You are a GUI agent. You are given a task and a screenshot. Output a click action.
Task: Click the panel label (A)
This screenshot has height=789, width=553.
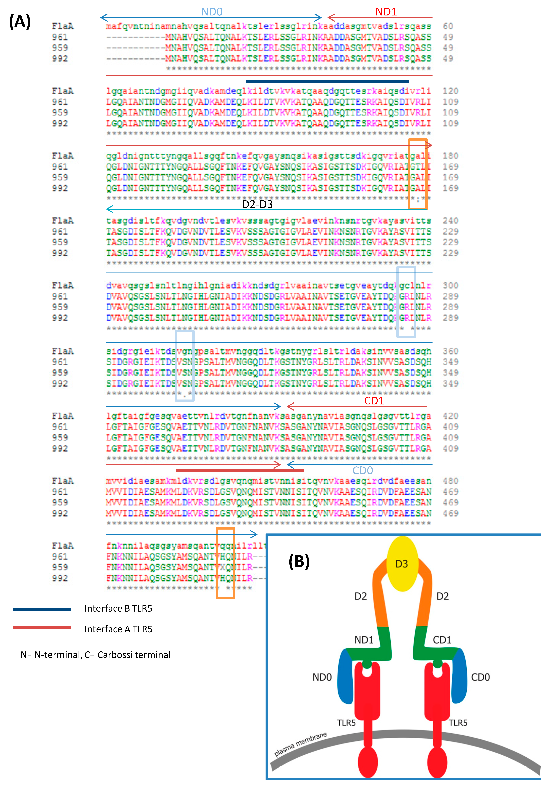pyautogui.click(x=20, y=22)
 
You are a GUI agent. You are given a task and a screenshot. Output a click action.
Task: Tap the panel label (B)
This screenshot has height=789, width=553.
pyautogui.click(x=299, y=561)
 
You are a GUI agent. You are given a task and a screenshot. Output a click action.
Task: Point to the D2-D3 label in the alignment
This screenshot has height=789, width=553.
pyautogui.click(x=257, y=204)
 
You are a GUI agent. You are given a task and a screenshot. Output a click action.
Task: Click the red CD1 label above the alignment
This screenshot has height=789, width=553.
pyautogui.click(x=374, y=401)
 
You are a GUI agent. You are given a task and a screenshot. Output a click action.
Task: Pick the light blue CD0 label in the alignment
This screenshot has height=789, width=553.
pyautogui.click(x=363, y=470)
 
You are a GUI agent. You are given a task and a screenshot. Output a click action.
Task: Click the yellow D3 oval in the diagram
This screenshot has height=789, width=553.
pyautogui.click(x=402, y=564)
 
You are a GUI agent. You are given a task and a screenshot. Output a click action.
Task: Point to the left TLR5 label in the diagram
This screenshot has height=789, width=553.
pyautogui.click(x=346, y=723)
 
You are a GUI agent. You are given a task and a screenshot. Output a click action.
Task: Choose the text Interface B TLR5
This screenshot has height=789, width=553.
pyautogui.click(x=118, y=609)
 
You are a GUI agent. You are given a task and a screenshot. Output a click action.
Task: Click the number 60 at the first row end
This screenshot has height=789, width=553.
pyautogui.click(x=448, y=26)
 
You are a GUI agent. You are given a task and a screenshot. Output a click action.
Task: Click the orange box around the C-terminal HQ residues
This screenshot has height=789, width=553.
pyautogui.click(x=225, y=564)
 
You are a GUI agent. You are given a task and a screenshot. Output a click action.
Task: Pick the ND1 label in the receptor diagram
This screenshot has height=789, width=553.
pyautogui.click(x=364, y=640)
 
